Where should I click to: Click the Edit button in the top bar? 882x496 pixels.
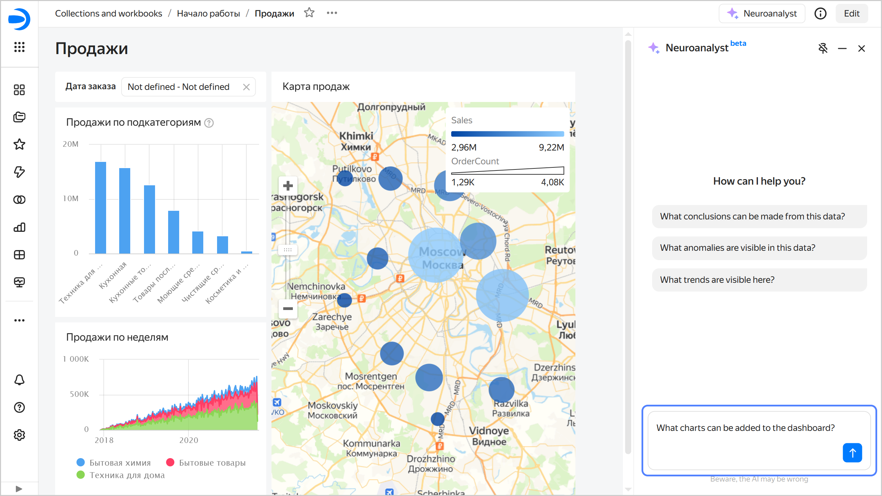point(851,13)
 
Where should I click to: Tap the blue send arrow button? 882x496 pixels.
point(852,453)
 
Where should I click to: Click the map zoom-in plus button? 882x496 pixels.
point(288,186)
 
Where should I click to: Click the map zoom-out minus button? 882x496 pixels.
point(288,309)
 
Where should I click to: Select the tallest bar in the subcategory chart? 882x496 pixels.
point(101,207)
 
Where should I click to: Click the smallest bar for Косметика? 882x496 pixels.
point(247,252)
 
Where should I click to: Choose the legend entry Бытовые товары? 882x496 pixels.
point(206,463)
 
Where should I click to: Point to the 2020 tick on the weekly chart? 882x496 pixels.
point(188,440)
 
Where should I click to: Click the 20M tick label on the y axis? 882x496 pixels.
point(71,144)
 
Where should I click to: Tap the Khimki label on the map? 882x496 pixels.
point(356,136)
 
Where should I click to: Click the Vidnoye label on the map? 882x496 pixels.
point(489,431)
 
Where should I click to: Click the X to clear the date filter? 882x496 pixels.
point(246,87)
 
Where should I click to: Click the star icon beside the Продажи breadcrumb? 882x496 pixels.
point(309,13)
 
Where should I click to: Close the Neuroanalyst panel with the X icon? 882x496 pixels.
point(861,49)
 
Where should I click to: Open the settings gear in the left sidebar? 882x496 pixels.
point(19,435)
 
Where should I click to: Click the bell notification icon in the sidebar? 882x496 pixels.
point(19,380)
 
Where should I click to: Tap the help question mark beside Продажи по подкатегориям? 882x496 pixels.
point(209,123)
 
